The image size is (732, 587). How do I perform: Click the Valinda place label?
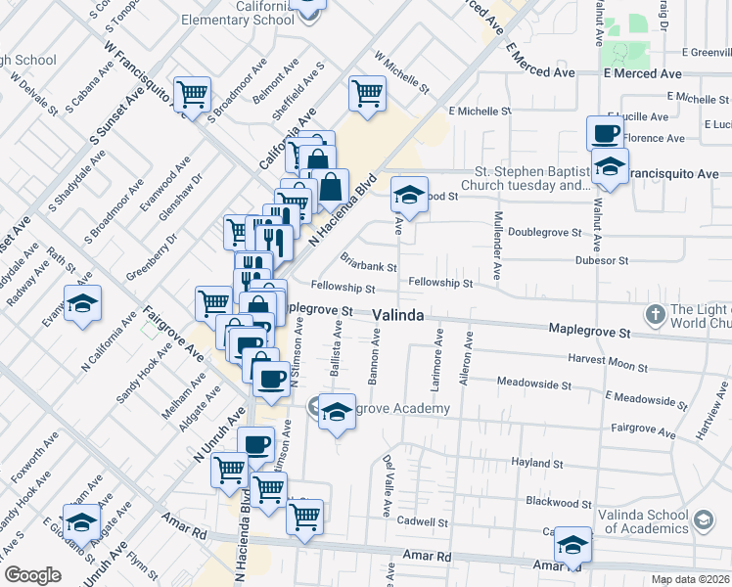(399, 315)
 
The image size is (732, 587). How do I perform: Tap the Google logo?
(32, 575)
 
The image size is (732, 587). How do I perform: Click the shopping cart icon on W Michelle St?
(367, 94)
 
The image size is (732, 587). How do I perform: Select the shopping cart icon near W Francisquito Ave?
(192, 94)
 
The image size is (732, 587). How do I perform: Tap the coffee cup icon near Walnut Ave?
(605, 132)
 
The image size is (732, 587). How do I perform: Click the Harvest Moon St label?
(609, 360)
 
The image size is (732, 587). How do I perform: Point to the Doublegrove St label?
(545, 233)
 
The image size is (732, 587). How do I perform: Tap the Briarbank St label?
(368, 265)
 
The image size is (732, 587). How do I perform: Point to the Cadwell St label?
(423, 523)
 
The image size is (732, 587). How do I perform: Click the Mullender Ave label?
(498, 245)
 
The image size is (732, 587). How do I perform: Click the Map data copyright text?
(690, 579)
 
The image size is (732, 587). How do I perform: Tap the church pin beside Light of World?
(656, 315)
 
